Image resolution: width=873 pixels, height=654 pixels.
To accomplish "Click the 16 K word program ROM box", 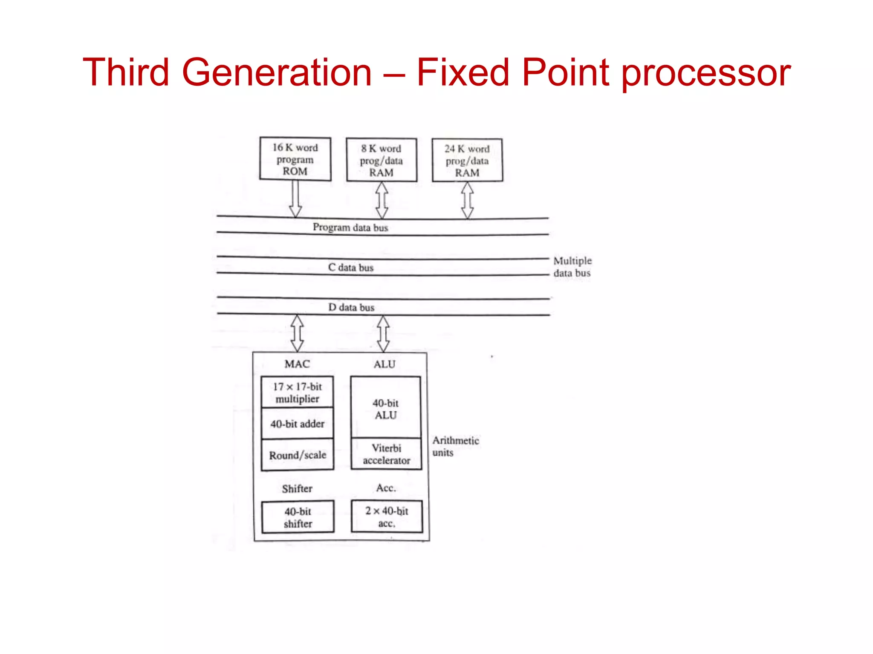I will pyautogui.click(x=295, y=159).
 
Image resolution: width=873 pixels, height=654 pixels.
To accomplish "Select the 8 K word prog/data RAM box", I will pyautogui.click(x=382, y=160).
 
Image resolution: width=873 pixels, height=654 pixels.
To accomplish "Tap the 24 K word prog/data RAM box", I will pyautogui.click(x=467, y=161).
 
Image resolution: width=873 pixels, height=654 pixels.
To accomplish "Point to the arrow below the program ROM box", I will pyautogui.click(x=295, y=199).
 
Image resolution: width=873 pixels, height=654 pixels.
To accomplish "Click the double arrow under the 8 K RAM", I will pyautogui.click(x=382, y=200).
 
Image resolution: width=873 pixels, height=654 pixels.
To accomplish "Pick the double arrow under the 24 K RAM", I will pyautogui.click(x=468, y=201).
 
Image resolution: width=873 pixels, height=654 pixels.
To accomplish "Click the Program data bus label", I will pyautogui.click(x=350, y=227).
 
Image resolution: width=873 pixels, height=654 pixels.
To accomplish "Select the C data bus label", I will pyautogui.click(x=350, y=267).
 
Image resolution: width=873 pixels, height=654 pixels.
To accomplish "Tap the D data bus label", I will pyautogui.click(x=351, y=307).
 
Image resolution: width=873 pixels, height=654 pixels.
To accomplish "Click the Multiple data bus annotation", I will pyautogui.click(x=572, y=267).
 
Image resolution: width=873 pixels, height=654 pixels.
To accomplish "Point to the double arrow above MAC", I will pyautogui.click(x=297, y=333).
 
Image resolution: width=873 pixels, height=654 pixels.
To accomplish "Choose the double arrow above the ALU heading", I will pyautogui.click(x=383, y=333).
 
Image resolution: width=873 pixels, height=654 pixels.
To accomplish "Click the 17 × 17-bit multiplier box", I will pyautogui.click(x=297, y=392).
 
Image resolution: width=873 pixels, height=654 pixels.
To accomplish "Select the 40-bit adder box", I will pyautogui.click(x=297, y=424).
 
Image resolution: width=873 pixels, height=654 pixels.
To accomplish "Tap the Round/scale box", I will pyautogui.click(x=297, y=455).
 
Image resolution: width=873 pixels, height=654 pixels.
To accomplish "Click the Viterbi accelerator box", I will pyautogui.click(x=386, y=454).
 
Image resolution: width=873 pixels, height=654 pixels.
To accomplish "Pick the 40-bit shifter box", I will pyautogui.click(x=298, y=517).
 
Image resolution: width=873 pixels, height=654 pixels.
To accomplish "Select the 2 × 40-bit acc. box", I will pyautogui.click(x=387, y=516).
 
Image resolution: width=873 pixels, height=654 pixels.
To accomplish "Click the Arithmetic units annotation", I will pyautogui.click(x=455, y=446).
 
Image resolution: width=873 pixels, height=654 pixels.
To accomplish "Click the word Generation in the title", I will pyautogui.click(x=277, y=72).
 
